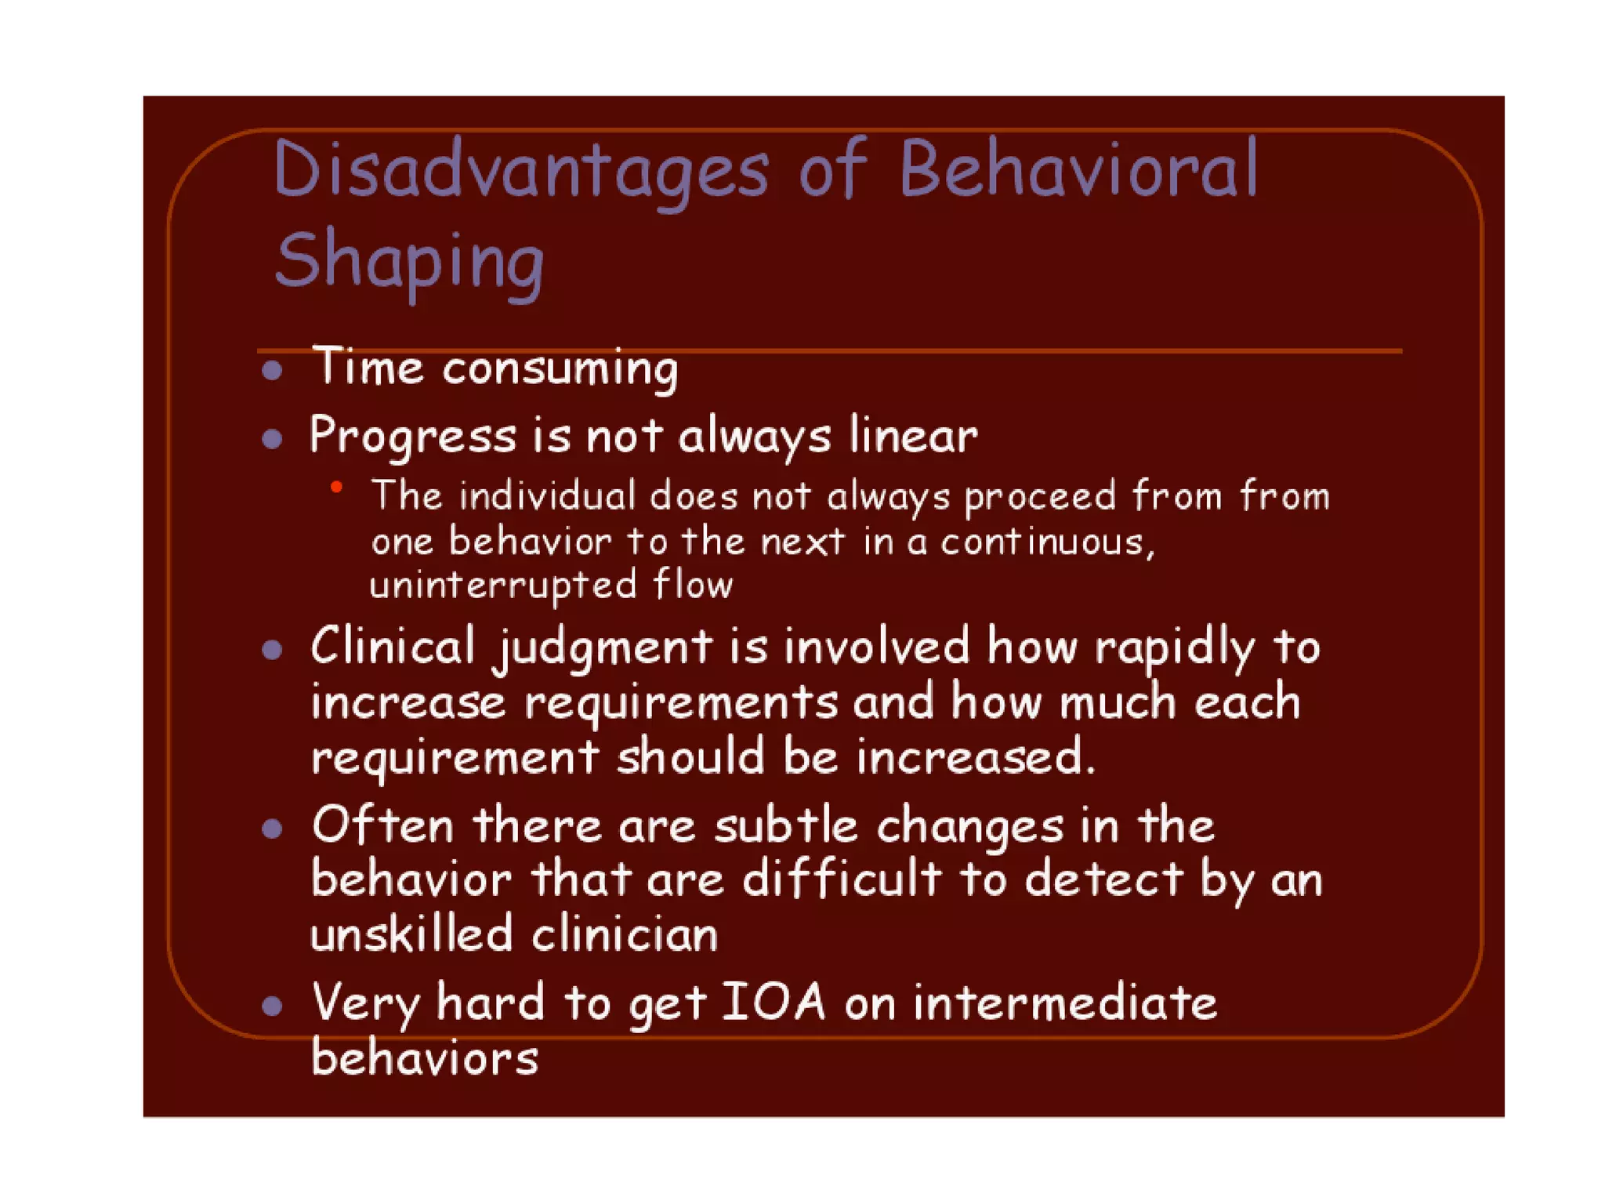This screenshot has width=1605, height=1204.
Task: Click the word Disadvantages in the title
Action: tap(521, 171)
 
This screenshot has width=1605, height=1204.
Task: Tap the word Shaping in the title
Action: tap(410, 261)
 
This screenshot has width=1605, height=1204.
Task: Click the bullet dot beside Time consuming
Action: tap(272, 370)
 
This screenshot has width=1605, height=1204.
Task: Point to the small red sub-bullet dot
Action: tap(336, 488)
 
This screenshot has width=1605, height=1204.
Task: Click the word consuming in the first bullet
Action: tap(560, 368)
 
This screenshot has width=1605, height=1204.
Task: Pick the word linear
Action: tap(914, 435)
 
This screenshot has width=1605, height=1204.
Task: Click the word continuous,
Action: tap(1048, 542)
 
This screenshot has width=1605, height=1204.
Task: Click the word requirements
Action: tap(681, 702)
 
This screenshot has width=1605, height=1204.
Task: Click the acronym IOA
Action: tap(773, 1002)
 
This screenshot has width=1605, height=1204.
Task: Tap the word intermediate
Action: tap(1065, 1003)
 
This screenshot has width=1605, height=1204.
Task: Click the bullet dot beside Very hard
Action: tap(272, 1006)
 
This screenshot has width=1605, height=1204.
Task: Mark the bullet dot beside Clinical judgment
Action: tap(272, 649)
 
